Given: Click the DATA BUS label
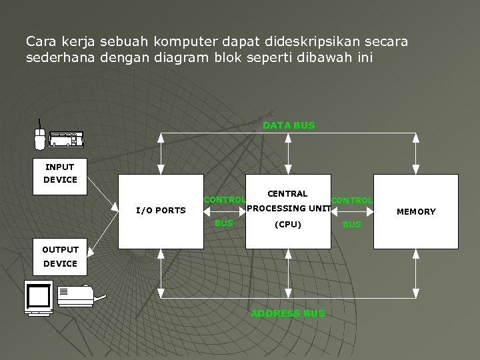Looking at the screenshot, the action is click(x=289, y=125).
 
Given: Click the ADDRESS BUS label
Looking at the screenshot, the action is click(x=288, y=313).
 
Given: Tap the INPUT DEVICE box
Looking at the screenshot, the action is click(x=60, y=173).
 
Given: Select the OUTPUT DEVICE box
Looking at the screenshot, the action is click(x=60, y=257).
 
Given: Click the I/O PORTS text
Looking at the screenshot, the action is click(x=161, y=211).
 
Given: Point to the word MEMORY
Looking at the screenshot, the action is click(x=416, y=212).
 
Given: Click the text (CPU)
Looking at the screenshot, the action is click(x=288, y=225).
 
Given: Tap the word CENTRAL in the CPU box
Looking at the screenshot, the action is click(x=287, y=194).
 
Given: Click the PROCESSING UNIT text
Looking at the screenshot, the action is click(x=288, y=209).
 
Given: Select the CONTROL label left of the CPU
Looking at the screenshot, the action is click(x=225, y=200).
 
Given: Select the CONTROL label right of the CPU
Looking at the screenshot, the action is click(x=352, y=201).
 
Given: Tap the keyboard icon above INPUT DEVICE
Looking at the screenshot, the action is click(x=67, y=139).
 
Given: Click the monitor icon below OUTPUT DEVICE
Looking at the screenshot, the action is click(x=39, y=297).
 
